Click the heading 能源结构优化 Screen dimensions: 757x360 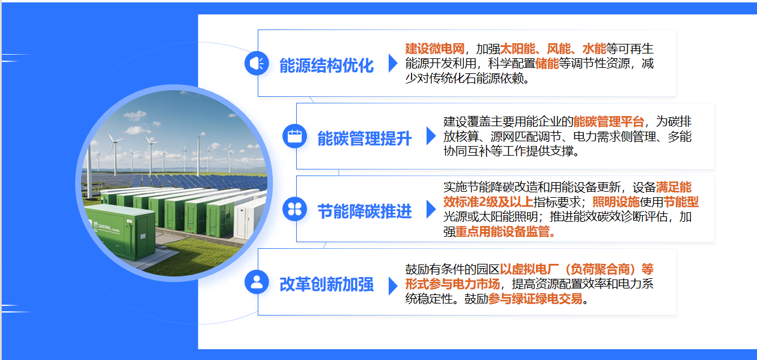(326, 66)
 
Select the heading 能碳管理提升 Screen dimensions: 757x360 (364, 139)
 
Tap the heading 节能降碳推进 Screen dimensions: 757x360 (364, 212)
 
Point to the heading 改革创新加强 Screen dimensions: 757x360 (326, 284)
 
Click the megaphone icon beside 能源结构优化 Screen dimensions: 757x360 (257, 63)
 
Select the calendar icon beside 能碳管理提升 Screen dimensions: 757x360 (294, 136)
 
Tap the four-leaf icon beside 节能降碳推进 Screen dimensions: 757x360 (294, 209)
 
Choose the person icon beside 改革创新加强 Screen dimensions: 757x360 (257, 282)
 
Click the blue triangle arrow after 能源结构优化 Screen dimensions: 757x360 (393, 63)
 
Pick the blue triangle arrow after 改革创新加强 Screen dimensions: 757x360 (393, 286)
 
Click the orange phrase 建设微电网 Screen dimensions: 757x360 (434, 49)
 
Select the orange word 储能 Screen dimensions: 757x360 (547, 63)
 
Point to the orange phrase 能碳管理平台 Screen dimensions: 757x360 (609, 121)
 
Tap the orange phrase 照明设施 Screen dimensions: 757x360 (616, 202)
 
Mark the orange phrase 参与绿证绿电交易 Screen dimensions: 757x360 (535, 299)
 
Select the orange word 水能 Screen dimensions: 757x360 (594, 49)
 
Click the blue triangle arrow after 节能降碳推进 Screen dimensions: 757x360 (431, 209)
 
